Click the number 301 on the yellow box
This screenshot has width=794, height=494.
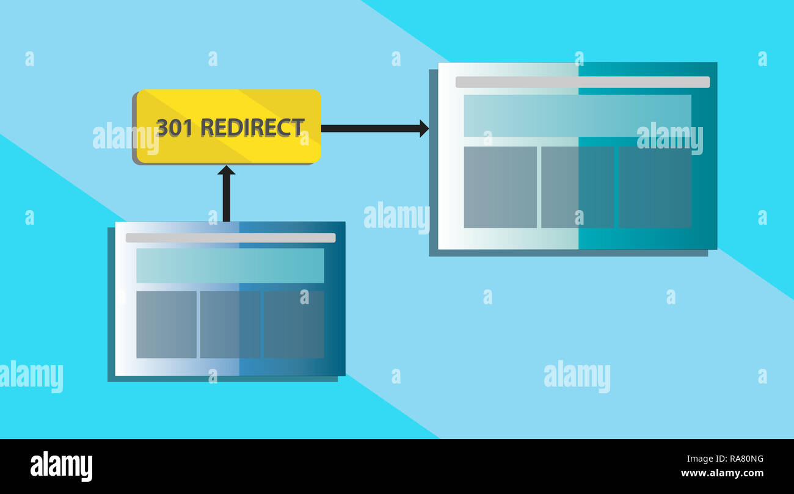point(174,128)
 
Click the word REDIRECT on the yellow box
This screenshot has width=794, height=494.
point(252,128)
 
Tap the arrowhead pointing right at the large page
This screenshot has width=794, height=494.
point(424,128)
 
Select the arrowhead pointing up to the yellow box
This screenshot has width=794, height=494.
point(226,170)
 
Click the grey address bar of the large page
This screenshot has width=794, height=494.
point(582,82)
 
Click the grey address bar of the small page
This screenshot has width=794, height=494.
point(230,238)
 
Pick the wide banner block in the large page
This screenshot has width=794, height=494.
point(577,115)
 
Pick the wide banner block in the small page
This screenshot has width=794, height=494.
point(230,265)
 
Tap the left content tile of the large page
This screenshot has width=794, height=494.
point(500,187)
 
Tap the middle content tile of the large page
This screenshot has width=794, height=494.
point(577,187)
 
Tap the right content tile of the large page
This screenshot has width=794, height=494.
point(655,187)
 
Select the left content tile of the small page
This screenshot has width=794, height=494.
point(166,324)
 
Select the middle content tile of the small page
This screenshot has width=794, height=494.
point(230,324)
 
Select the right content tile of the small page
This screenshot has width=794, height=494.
point(294,324)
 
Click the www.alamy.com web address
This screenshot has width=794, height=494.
point(722,473)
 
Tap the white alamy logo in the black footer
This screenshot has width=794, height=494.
point(61,467)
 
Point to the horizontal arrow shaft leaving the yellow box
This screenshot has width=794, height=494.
point(370,128)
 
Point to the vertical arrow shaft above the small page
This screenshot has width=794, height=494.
point(226,198)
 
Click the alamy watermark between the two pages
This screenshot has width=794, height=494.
point(396,217)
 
